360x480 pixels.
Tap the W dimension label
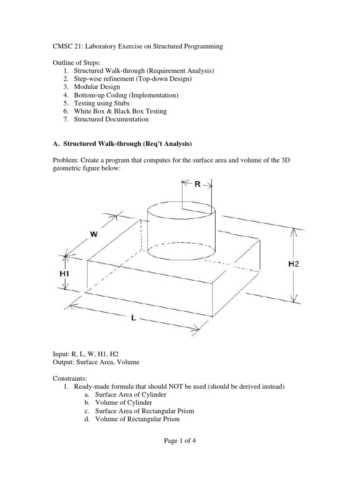coord(94,234)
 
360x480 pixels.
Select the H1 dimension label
coord(65,272)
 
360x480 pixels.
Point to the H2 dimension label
coord(293,264)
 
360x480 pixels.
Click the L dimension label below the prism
coord(133,318)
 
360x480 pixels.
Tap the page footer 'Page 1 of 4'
coord(180,441)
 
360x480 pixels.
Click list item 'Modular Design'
coord(97,87)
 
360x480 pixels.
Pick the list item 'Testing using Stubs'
coord(102,103)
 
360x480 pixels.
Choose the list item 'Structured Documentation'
coord(111,119)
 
